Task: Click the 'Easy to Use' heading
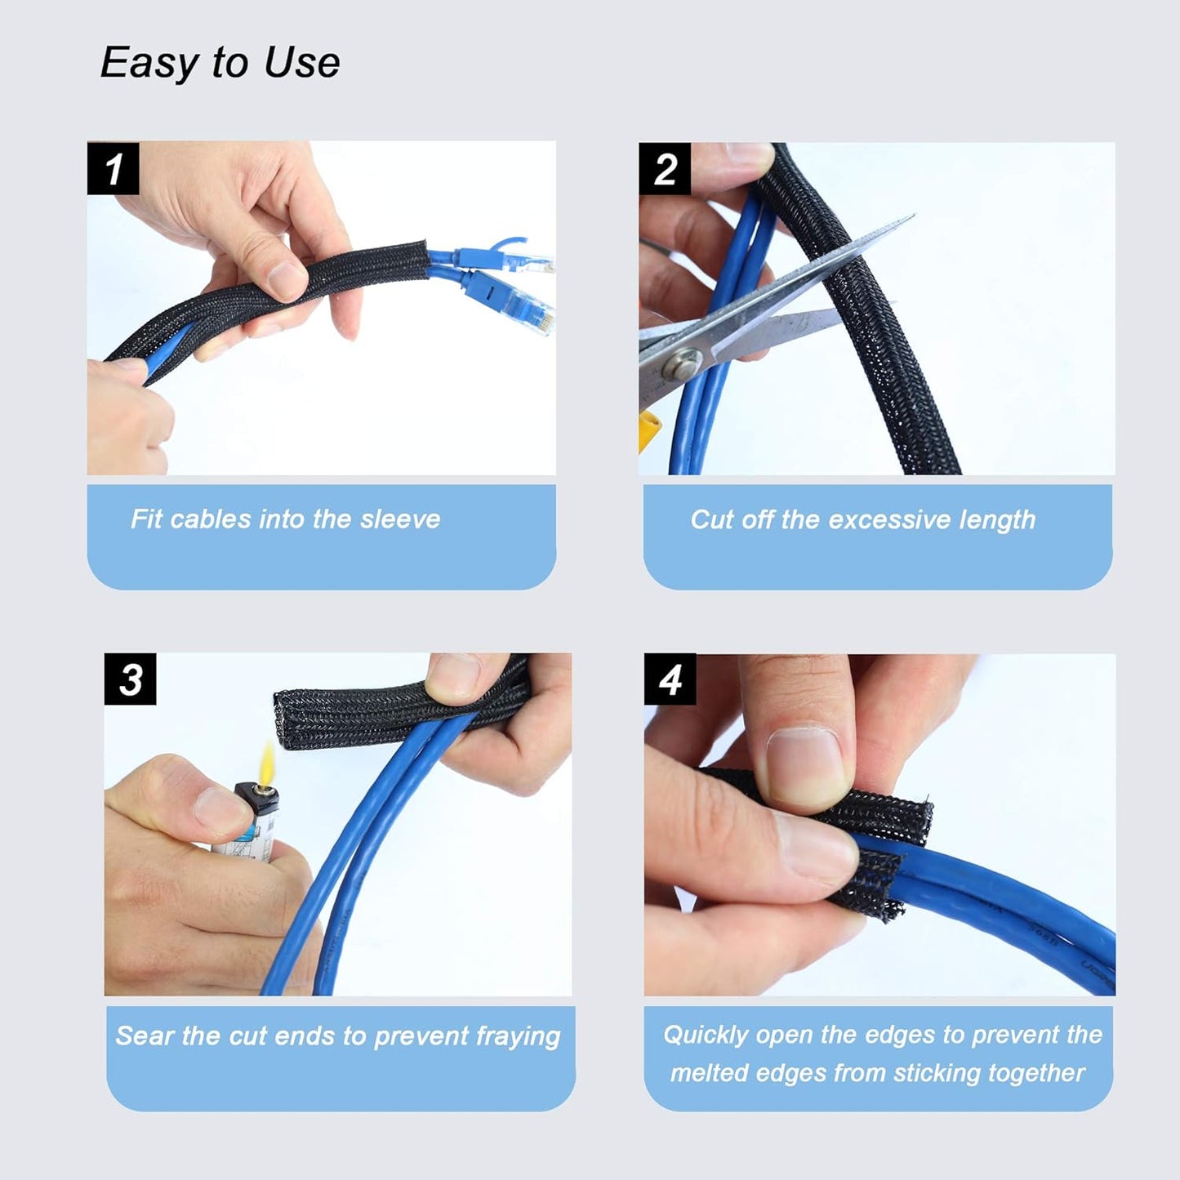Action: [220, 63]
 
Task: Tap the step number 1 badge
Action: [113, 169]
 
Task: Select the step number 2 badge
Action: [665, 169]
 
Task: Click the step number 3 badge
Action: [130, 679]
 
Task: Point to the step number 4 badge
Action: [670, 679]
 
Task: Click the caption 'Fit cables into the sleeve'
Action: [285, 519]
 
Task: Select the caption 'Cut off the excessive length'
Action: [862, 519]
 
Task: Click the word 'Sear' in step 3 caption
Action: [145, 1036]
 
